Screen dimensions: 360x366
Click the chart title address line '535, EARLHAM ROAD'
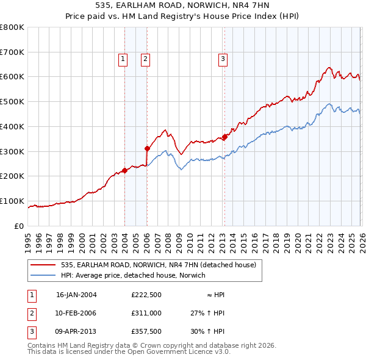pos(183,4)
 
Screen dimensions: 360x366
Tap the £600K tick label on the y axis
pos(12,77)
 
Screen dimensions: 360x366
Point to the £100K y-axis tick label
pos(12,201)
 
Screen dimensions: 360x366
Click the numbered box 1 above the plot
pos(123,59)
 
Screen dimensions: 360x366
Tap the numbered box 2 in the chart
pos(146,59)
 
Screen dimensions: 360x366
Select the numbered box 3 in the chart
pos(223,59)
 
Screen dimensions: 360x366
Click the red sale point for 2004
pos(124,170)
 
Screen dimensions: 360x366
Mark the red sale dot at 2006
pos(147,148)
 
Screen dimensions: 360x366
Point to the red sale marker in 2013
pos(224,137)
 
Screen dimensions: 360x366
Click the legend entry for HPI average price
pos(133,275)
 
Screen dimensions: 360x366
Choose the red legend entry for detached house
pos(162,265)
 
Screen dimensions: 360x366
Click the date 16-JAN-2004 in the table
pos(76,295)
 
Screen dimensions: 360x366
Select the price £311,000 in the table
pos(146,313)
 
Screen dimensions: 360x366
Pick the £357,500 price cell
pos(146,331)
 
